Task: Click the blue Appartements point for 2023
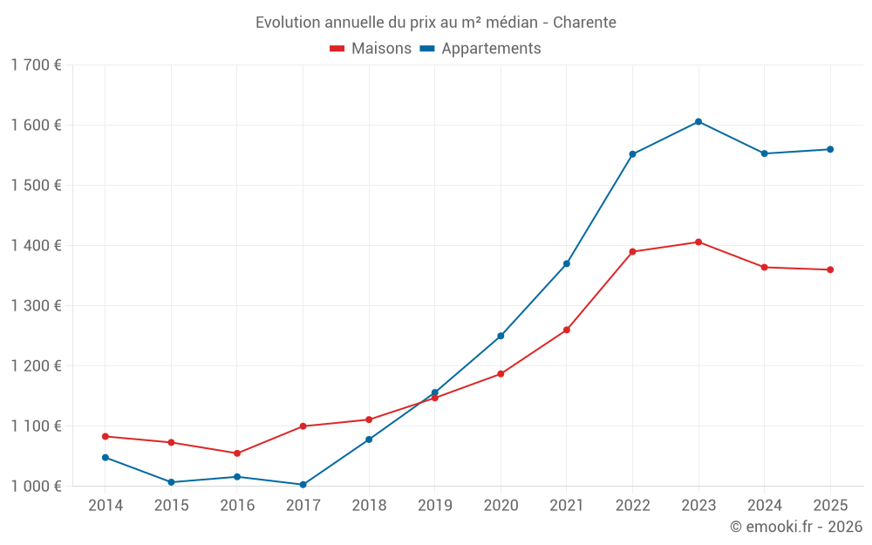(698, 122)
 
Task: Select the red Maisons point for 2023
(698, 242)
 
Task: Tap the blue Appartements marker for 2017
(303, 485)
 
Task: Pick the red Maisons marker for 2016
(237, 453)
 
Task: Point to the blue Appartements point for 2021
(567, 263)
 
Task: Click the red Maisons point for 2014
(106, 437)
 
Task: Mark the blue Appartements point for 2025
(830, 150)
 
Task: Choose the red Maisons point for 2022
(632, 251)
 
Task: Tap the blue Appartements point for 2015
(171, 482)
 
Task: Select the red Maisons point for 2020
(501, 374)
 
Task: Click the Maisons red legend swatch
(337, 48)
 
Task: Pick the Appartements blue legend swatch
(427, 48)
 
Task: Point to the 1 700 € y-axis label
(36, 65)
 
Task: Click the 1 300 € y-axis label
(36, 305)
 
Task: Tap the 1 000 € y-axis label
(36, 486)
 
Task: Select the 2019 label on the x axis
(435, 505)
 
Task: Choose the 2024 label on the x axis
(764, 505)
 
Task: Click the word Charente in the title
(584, 23)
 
